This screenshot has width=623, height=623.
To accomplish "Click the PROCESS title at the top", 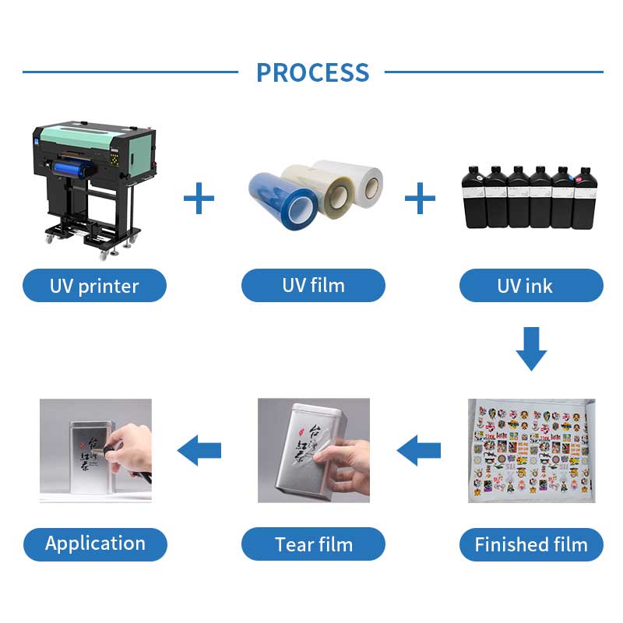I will [312, 72].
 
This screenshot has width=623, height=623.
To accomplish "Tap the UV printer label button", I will [94, 286].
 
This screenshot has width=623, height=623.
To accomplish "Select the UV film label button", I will [313, 286].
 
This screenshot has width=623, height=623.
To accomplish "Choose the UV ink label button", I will [531, 286].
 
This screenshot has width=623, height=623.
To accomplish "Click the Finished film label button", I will [531, 544].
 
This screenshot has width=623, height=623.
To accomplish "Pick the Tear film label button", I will [313, 544].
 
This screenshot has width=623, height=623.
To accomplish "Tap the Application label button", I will [95, 544].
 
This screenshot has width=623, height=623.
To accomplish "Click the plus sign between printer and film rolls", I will [199, 199].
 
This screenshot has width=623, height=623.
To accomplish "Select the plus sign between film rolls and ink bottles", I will [421, 199].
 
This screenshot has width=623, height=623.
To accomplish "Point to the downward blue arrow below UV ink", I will [531, 347].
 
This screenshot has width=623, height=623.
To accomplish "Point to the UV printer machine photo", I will [93, 179].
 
